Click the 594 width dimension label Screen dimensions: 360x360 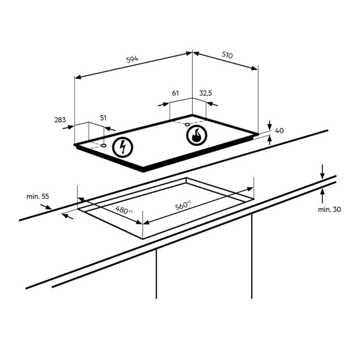coord(132,59)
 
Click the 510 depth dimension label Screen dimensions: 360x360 coord(227,55)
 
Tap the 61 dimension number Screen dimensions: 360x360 coord(175,93)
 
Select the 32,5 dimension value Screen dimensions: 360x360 coord(206,93)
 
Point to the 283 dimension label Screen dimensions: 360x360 coord(60,120)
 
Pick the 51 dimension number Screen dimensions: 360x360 coord(103,118)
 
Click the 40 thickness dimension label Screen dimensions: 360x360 coord(279,130)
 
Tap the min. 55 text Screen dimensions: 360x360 coord(38,197)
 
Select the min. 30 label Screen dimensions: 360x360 coord(329,209)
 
